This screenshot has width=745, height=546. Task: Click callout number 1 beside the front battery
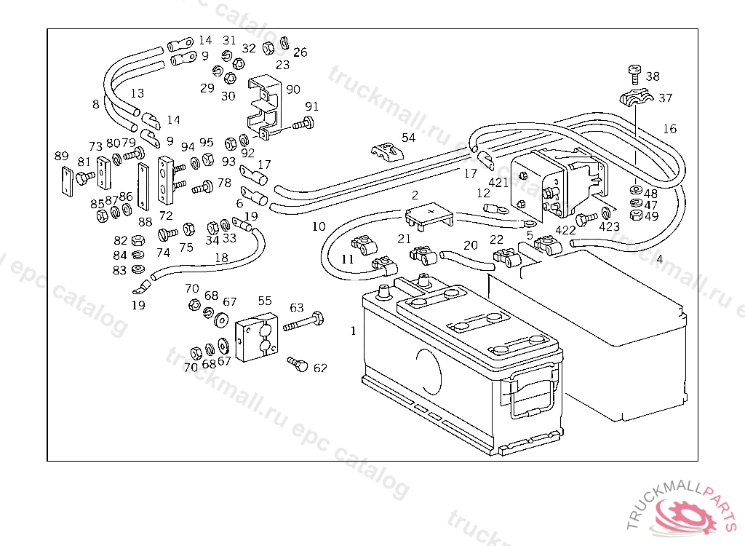coord(354,331)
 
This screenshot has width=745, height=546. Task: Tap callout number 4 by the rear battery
coord(659,258)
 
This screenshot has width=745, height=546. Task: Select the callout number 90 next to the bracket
coord(292,90)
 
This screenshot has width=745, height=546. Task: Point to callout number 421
coord(498,182)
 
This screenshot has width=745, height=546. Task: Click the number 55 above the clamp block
coord(265,300)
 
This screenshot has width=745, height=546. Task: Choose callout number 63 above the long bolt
coord(297,307)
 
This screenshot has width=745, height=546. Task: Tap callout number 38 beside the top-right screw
coord(653,76)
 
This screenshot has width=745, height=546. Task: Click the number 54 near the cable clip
coord(409,137)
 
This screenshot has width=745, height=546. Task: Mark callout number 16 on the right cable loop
coord(669,129)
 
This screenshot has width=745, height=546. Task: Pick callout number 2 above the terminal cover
coord(415,195)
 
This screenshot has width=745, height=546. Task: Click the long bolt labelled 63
coord(304,323)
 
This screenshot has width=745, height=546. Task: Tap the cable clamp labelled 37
coord(634,98)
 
